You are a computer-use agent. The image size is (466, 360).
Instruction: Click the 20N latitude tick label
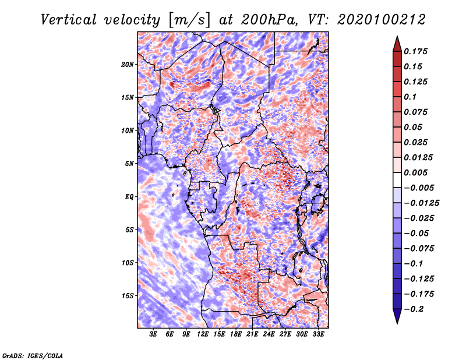[x=128, y=65]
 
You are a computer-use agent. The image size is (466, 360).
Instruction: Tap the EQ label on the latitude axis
[x=129, y=197]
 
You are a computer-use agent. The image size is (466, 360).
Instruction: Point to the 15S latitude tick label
[x=128, y=296]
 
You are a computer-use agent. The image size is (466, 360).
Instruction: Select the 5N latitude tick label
[x=129, y=164]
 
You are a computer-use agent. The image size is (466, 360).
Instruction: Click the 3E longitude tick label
[x=153, y=334]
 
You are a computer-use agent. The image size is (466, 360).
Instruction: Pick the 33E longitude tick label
[x=318, y=334]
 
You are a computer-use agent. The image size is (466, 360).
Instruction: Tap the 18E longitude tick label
[x=236, y=334]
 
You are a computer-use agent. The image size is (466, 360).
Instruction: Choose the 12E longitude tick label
[x=203, y=334]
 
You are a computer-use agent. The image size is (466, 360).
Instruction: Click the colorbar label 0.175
[x=416, y=51]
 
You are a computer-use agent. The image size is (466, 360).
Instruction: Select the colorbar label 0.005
[x=416, y=172]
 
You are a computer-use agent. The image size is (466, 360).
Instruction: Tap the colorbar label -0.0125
[x=422, y=203]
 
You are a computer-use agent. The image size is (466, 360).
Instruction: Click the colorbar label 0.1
[x=411, y=97]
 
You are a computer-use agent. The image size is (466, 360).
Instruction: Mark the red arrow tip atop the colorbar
[x=397, y=36]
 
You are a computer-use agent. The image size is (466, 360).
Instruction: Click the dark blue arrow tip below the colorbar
[x=397, y=323]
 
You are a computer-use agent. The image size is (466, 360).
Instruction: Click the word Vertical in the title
[x=69, y=20]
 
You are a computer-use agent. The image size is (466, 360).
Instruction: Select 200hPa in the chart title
[x=269, y=20]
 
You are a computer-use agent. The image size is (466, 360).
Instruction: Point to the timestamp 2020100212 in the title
[x=382, y=20]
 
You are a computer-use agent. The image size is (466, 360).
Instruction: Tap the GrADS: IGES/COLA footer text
[x=33, y=356]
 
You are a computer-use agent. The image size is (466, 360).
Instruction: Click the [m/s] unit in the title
[x=189, y=20]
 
